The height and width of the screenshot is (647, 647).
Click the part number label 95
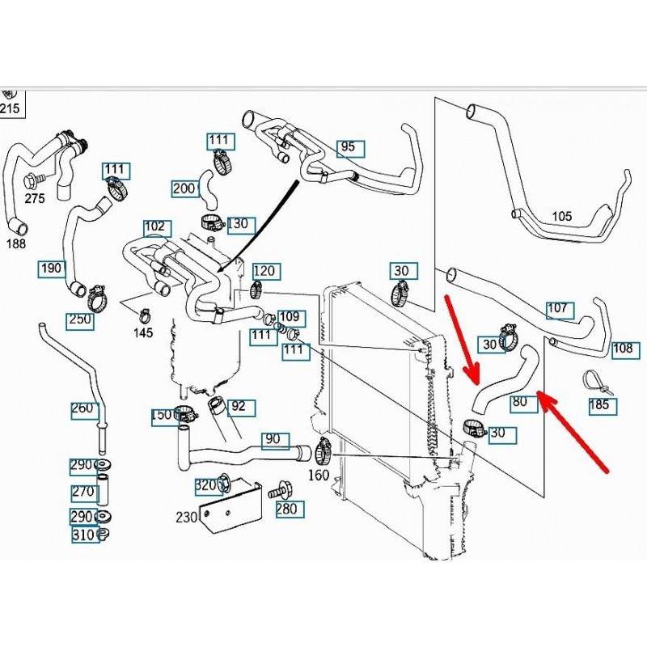pyautogui.click(x=349, y=147)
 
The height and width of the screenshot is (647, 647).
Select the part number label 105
pyautogui.click(x=561, y=216)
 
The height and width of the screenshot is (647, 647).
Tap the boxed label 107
pyautogui.click(x=559, y=308)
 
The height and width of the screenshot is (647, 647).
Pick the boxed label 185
pyautogui.click(x=600, y=404)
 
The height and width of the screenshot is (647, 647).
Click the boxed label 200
pyautogui.click(x=184, y=188)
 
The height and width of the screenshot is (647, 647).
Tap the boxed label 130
pyautogui.click(x=240, y=223)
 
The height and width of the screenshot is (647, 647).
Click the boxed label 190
pyautogui.click(x=51, y=268)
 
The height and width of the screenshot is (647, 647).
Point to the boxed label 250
pyautogui.click(x=79, y=319)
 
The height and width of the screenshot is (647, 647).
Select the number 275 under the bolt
pyautogui.click(x=35, y=198)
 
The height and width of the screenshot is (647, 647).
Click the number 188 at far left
pyautogui.click(x=16, y=243)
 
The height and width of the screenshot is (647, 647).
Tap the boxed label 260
pyautogui.click(x=82, y=408)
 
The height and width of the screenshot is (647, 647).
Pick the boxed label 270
pyautogui.click(x=82, y=490)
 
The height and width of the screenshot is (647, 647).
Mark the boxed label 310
pyautogui.click(x=82, y=534)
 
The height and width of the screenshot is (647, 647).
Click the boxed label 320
pyautogui.click(x=206, y=486)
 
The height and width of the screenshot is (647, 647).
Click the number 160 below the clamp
pyautogui.click(x=319, y=475)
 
